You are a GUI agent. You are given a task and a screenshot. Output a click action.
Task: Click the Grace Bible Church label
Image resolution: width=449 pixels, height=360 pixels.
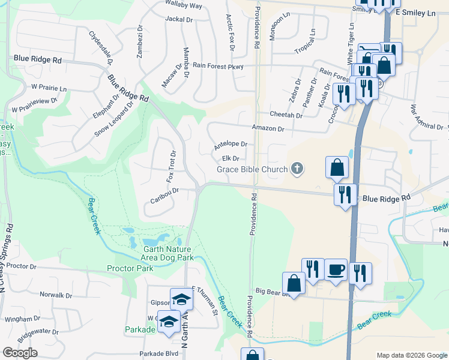252,169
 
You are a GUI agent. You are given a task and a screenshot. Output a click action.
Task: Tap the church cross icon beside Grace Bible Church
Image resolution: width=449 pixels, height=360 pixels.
296,169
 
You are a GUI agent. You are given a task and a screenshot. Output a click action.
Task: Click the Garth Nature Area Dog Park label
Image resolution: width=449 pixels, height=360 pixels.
168,253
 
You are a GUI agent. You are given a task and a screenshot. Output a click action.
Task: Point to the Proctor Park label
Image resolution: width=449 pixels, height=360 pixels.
130,268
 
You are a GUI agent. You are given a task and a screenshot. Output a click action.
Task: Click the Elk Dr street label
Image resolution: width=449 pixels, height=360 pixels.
231,158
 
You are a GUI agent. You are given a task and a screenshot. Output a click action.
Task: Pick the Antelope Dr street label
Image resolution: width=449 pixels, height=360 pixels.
231,145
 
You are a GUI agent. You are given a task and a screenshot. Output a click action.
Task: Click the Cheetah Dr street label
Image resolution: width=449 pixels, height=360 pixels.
286,115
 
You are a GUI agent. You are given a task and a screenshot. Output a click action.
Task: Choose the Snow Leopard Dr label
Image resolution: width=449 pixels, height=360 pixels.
113,117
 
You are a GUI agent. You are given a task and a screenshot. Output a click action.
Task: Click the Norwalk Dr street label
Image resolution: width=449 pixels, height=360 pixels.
55,295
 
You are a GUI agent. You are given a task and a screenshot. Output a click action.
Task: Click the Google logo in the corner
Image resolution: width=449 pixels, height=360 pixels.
20,353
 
